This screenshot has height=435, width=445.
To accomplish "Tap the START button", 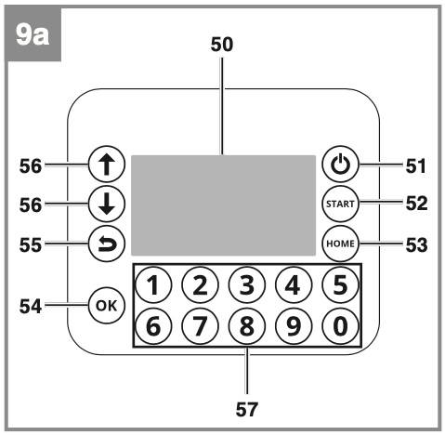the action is (340, 204).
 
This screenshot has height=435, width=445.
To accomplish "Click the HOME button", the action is (340, 244).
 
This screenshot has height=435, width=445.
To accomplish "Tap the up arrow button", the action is (107, 164).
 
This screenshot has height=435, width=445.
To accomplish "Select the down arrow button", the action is (107, 204).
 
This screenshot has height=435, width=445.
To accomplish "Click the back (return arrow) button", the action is (107, 244).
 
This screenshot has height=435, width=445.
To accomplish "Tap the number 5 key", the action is (340, 284).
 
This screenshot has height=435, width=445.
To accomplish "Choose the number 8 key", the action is (247, 326).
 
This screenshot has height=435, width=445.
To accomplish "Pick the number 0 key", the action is (340, 326).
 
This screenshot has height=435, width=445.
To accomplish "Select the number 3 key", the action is (247, 284).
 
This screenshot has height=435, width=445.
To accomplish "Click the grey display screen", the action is (223, 205).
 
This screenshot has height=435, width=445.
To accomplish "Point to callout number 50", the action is (222, 45).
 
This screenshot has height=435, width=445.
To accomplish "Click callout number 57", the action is (247, 410).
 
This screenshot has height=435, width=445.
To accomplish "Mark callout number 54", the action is (31, 307).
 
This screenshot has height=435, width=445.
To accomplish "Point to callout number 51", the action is (416, 166).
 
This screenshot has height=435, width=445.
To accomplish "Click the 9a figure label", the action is (33, 34).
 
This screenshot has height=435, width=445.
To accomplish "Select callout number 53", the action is (416, 245).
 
